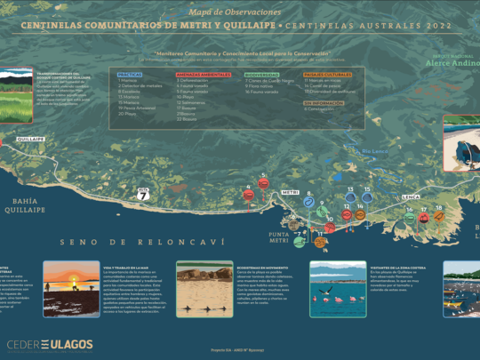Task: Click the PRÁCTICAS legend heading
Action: [x=130, y=75]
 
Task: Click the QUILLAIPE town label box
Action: [x=30, y=140]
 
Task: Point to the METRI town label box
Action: [x=290, y=192]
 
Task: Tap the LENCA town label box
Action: [x=410, y=195]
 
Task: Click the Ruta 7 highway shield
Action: [x=143, y=190]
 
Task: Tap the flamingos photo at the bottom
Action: [x=338, y=288]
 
